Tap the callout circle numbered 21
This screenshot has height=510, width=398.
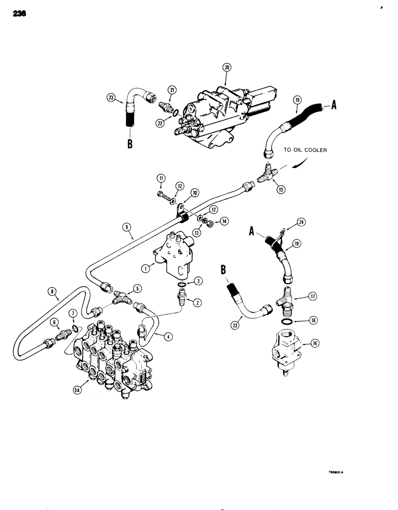pyautogui.click(x=172, y=90)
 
